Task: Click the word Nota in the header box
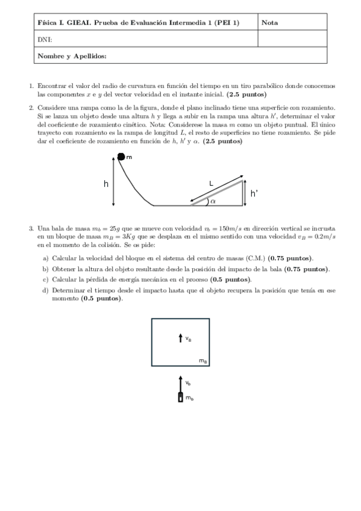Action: click(x=270, y=23)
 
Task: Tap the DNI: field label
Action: click(x=43, y=39)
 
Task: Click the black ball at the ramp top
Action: click(x=121, y=157)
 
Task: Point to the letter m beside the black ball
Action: click(x=129, y=157)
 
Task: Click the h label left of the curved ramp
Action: click(x=105, y=184)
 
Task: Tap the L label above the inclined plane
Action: click(x=212, y=182)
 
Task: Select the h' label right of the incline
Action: click(x=254, y=193)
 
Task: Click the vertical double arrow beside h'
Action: click(x=244, y=192)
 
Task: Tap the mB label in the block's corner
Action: click(x=203, y=361)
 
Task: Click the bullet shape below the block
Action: click(x=180, y=398)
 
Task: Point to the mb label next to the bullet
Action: click(x=189, y=398)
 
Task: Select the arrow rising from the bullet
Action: click(x=180, y=382)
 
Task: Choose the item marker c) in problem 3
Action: click(x=46, y=280)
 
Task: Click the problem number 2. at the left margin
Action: click(x=31, y=107)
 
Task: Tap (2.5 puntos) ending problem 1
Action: click(x=247, y=95)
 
